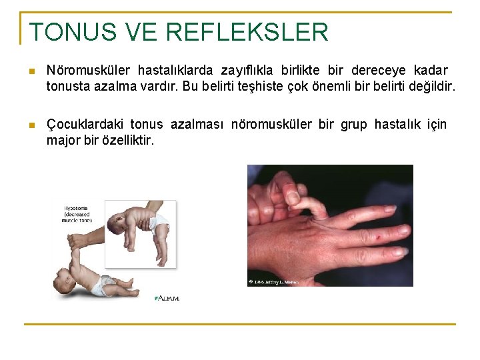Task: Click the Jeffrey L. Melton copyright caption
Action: coord(275,282)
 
